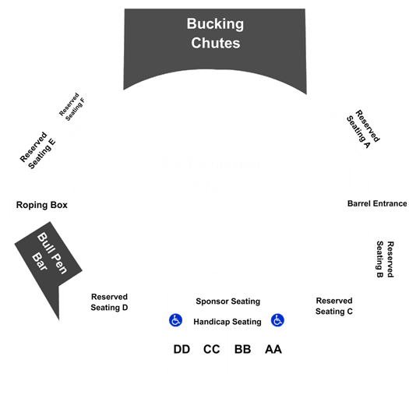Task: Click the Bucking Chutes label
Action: pos(215,33)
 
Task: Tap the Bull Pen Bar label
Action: pos(49,253)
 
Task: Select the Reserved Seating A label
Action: pos(363,129)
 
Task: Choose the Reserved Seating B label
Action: pos(385,259)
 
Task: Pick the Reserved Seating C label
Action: pos(334,306)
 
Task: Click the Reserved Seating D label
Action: pos(109,302)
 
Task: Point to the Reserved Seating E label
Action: pos(38,150)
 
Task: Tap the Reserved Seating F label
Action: pos(72,107)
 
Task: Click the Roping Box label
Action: pos(42,205)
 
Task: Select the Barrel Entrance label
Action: pos(377,203)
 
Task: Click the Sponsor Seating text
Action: pos(228,301)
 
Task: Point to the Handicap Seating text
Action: pos(227,322)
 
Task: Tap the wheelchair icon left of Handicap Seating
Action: pos(175,320)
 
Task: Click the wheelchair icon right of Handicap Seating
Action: pos(277,320)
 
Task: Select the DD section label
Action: pos(182,349)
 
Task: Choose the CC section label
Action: pos(212,349)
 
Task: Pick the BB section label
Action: pos(242,349)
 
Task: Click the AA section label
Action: pos(273,349)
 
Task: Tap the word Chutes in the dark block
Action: pos(216,43)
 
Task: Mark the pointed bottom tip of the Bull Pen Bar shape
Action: pos(59,320)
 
